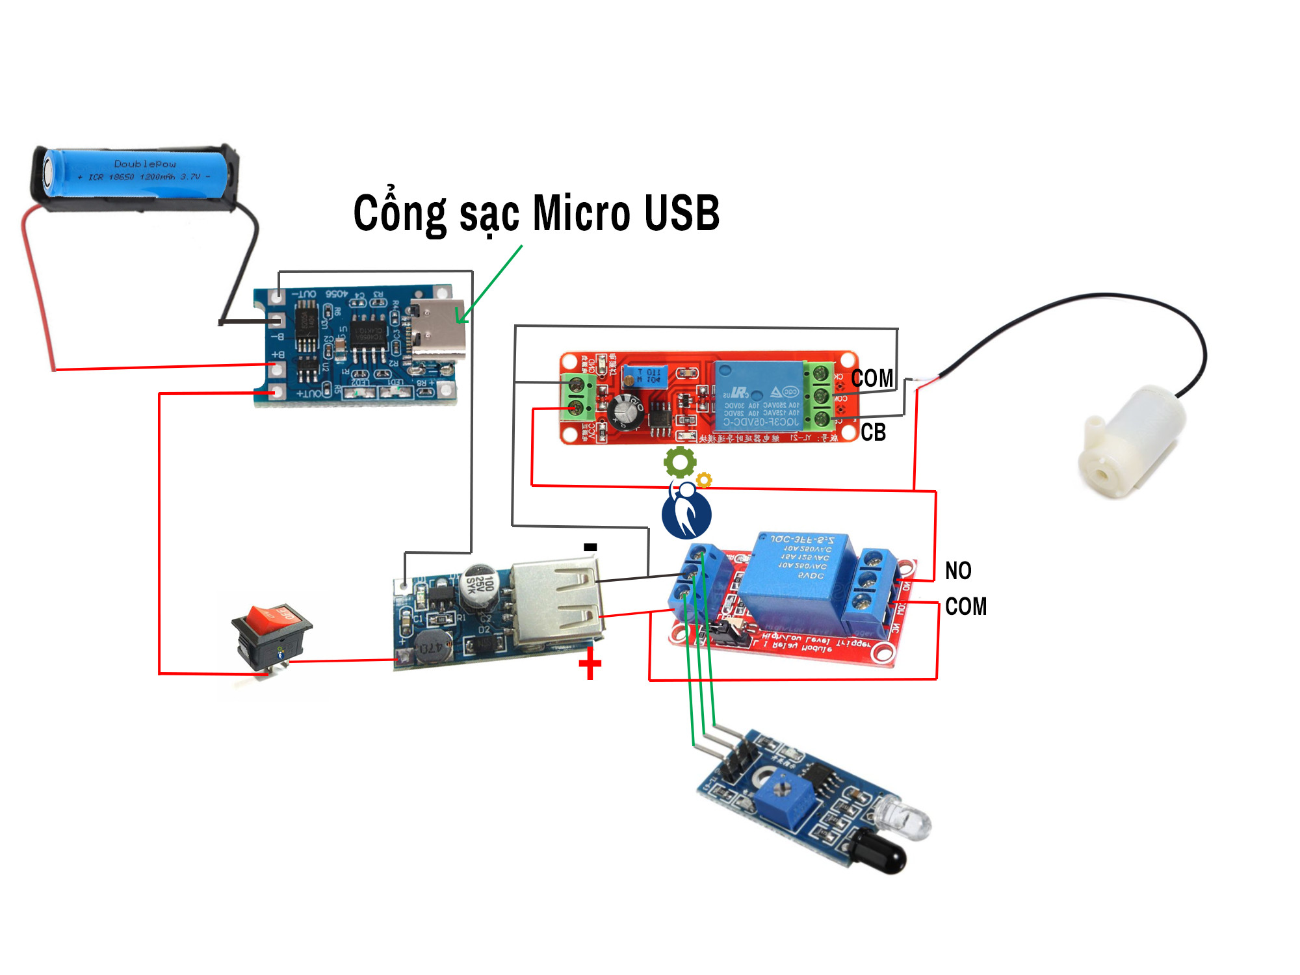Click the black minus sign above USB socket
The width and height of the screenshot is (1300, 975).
(x=590, y=547)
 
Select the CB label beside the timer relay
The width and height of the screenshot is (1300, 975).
(x=873, y=432)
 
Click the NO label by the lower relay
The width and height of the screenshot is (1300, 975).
(x=957, y=571)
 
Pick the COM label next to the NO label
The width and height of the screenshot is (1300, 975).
(x=965, y=606)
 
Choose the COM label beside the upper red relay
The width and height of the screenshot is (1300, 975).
(x=872, y=378)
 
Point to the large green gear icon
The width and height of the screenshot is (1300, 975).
(x=679, y=462)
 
